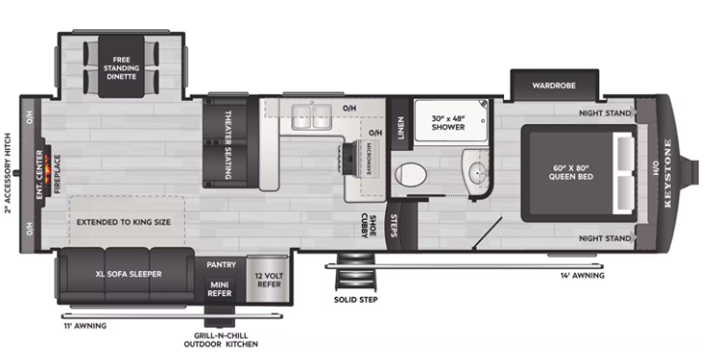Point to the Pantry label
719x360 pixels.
(222, 263)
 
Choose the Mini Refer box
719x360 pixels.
(221, 289)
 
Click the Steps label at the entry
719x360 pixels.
(395, 225)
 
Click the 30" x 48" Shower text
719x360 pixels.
(449, 123)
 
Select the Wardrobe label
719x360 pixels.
(554, 86)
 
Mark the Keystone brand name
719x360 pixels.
(668, 174)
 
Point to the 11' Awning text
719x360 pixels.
(85, 325)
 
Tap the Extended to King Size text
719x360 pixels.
(124, 222)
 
